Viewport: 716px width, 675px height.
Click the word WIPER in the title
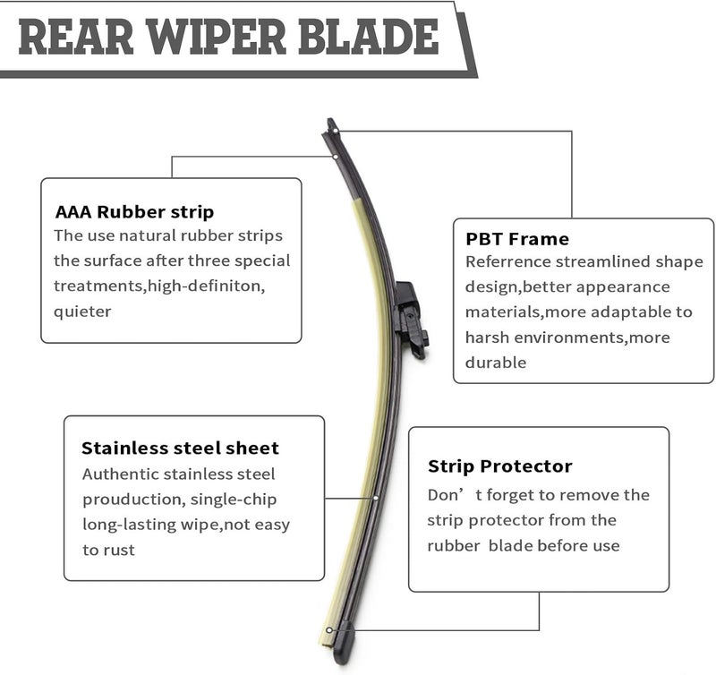[216, 37]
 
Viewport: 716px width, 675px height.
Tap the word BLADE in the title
[369, 37]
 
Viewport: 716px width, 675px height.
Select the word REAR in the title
[76, 37]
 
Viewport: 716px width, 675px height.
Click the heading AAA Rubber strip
[134, 212]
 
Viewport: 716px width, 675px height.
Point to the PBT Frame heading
[517, 239]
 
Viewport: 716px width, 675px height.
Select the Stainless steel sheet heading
[180, 448]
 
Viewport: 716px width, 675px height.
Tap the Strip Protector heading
[500, 466]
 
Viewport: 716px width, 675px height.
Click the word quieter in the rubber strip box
[82, 312]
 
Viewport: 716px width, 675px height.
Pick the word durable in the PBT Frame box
[496, 363]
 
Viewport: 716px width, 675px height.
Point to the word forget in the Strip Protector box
[509, 496]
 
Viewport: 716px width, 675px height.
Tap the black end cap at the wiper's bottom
[343, 643]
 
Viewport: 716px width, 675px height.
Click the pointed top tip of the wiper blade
[330, 121]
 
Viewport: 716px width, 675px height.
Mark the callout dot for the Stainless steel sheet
[375, 498]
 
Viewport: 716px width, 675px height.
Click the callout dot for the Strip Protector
[328, 631]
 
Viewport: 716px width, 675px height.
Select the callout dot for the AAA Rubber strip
[335, 157]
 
